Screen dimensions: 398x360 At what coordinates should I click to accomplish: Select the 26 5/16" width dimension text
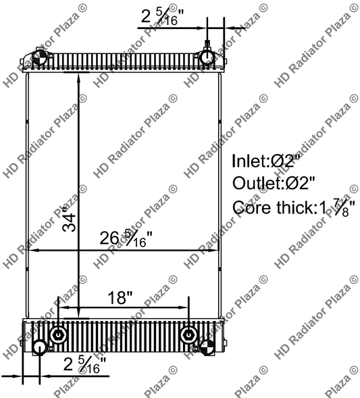point(126,237)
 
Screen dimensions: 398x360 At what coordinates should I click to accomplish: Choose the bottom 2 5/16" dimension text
point(85,365)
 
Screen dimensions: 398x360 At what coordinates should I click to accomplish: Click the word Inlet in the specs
point(249,161)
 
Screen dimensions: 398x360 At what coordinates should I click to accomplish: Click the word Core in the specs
point(249,207)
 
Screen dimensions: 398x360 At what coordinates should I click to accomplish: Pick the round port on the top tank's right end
point(207,57)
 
